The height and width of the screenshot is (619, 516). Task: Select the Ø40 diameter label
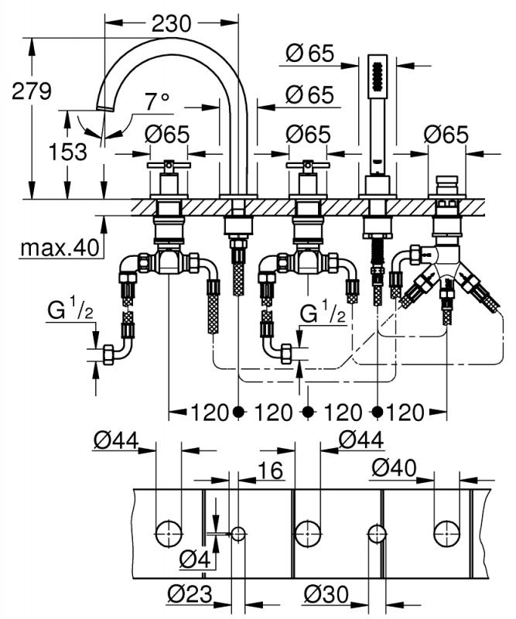(x=395, y=467)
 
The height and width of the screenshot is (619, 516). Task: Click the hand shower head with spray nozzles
(x=376, y=78)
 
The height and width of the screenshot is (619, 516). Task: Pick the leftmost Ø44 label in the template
(x=115, y=440)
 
